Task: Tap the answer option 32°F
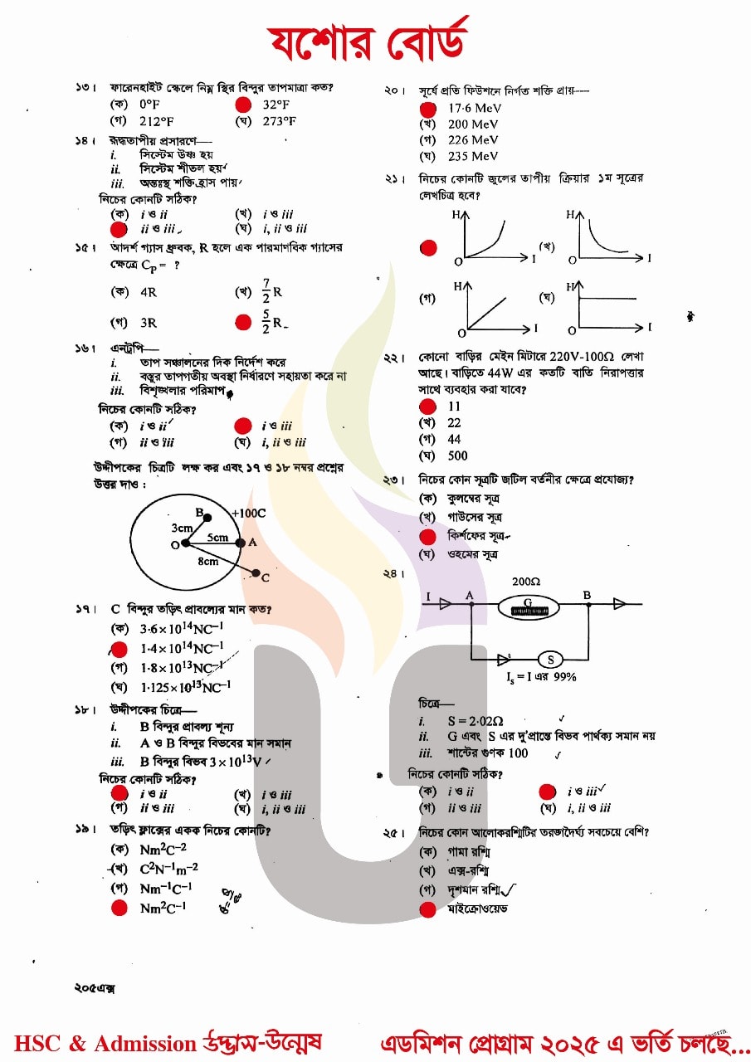pyautogui.click(x=276, y=105)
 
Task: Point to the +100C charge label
pyautogui.click(x=248, y=514)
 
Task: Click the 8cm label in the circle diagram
pyautogui.click(x=208, y=561)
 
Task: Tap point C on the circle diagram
pyautogui.click(x=256, y=573)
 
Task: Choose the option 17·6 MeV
pyautogui.click(x=473, y=109)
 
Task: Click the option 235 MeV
pyautogui.click(x=473, y=156)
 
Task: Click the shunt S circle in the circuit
pyautogui.click(x=549, y=660)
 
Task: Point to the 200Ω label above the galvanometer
pyautogui.click(x=526, y=582)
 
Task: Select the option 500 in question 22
pyautogui.click(x=457, y=455)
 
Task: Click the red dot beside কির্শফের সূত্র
pyautogui.click(x=428, y=537)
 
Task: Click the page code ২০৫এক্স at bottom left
pyautogui.click(x=94, y=988)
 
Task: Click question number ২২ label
pyautogui.click(x=393, y=358)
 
